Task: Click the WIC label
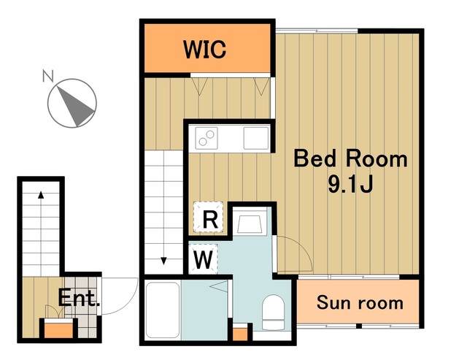click(x=204, y=49)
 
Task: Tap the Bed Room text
click(x=350, y=159)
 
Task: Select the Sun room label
click(x=360, y=303)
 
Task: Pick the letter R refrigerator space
click(x=210, y=220)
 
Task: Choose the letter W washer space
click(x=203, y=259)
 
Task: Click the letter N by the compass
click(x=48, y=75)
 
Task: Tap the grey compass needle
click(x=76, y=106)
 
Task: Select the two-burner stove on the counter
click(x=207, y=138)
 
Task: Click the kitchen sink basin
click(x=256, y=138)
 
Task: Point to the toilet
click(x=273, y=312)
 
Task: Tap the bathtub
click(x=163, y=310)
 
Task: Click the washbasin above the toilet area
click(x=250, y=222)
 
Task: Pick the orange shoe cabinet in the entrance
click(x=58, y=330)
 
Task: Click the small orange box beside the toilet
click(x=240, y=334)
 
